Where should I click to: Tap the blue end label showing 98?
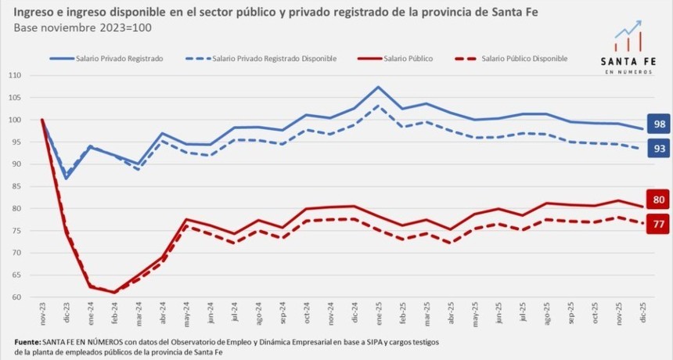[x=659, y=124]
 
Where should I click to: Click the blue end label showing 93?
[x=659, y=148]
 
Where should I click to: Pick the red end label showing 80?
[x=659, y=199]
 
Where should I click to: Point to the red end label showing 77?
[x=659, y=225]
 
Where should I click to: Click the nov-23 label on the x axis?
[x=42, y=315]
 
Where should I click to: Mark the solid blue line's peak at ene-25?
[x=378, y=87]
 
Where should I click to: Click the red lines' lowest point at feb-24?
[x=114, y=292]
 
